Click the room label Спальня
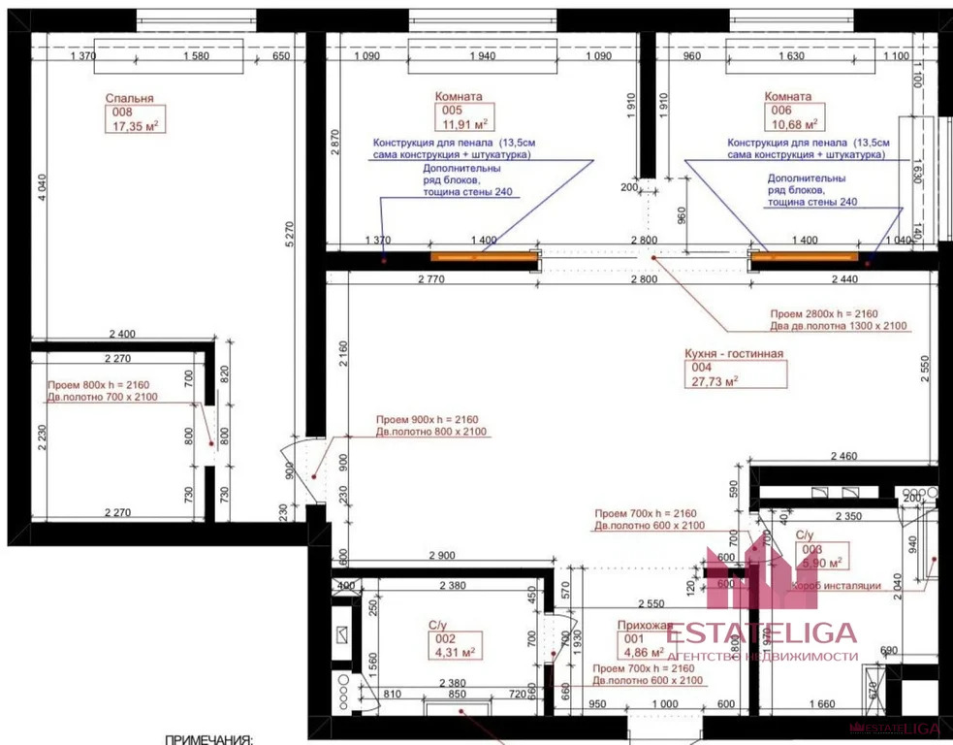tap(129, 98)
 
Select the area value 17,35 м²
tap(136, 126)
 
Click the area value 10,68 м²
tap(793, 124)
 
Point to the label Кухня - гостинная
tap(734, 354)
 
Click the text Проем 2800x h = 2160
tap(826, 314)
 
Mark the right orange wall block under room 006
tap(807, 256)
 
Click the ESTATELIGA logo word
tap(762, 633)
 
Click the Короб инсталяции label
tap(836, 586)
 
